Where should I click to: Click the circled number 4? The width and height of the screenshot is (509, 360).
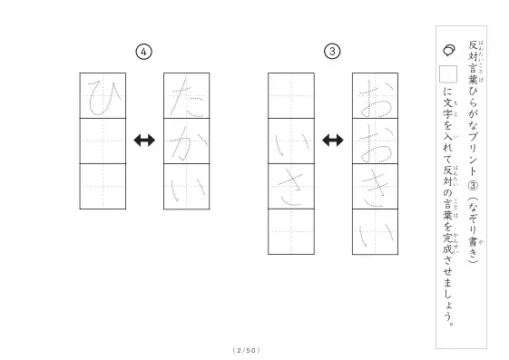[x=143, y=52]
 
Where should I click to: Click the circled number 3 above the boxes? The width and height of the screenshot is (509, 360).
[x=332, y=52]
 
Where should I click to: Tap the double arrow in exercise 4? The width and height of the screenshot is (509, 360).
[x=144, y=141]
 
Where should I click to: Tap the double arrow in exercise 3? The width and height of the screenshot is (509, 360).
[x=333, y=141]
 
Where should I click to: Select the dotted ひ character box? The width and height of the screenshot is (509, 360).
[x=103, y=96]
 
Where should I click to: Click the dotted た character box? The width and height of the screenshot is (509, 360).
[x=187, y=96]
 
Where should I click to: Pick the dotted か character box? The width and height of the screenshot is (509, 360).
[x=187, y=141]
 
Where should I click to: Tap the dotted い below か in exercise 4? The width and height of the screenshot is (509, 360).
[x=187, y=187]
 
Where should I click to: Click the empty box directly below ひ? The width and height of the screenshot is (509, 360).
[x=103, y=141]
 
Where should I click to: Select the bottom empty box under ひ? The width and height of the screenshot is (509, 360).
[x=103, y=187]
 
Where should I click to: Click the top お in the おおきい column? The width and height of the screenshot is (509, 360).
[x=376, y=96]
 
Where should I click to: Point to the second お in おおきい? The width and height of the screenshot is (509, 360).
[x=376, y=141]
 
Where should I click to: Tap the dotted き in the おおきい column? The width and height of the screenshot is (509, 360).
[x=376, y=187]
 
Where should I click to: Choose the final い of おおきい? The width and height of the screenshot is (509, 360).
[x=376, y=232]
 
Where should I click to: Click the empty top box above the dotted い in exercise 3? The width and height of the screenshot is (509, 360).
[x=291, y=96]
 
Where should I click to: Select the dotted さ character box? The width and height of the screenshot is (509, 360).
[x=291, y=187]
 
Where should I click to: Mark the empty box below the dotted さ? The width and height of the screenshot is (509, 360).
[x=291, y=232]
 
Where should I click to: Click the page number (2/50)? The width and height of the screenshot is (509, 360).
[x=247, y=350]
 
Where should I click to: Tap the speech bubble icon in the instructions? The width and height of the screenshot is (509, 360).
[x=449, y=50]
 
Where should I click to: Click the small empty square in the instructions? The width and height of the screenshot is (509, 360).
[x=448, y=74]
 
